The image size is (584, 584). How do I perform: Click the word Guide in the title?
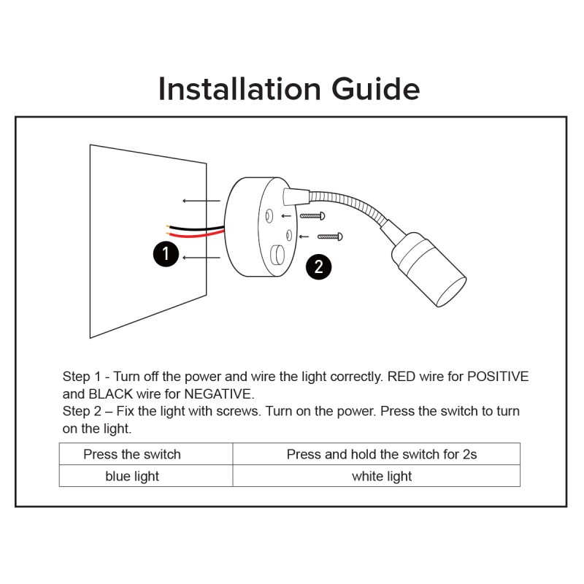(x=376, y=89)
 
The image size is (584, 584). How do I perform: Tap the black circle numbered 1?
(x=166, y=254)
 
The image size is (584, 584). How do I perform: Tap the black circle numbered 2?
(x=318, y=266)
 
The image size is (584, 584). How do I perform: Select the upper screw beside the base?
(x=312, y=216)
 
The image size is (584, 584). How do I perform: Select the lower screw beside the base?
(x=329, y=236)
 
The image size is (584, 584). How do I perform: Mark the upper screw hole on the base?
(x=270, y=215)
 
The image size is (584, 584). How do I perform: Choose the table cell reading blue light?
(x=132, y=476)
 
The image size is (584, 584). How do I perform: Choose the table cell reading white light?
(x=382, y=476)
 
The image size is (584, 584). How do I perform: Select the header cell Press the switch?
(x=132, y=454)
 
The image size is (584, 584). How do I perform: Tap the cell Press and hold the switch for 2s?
(x=382, y=454)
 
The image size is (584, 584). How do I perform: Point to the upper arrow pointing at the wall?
(x=201, y=200)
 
